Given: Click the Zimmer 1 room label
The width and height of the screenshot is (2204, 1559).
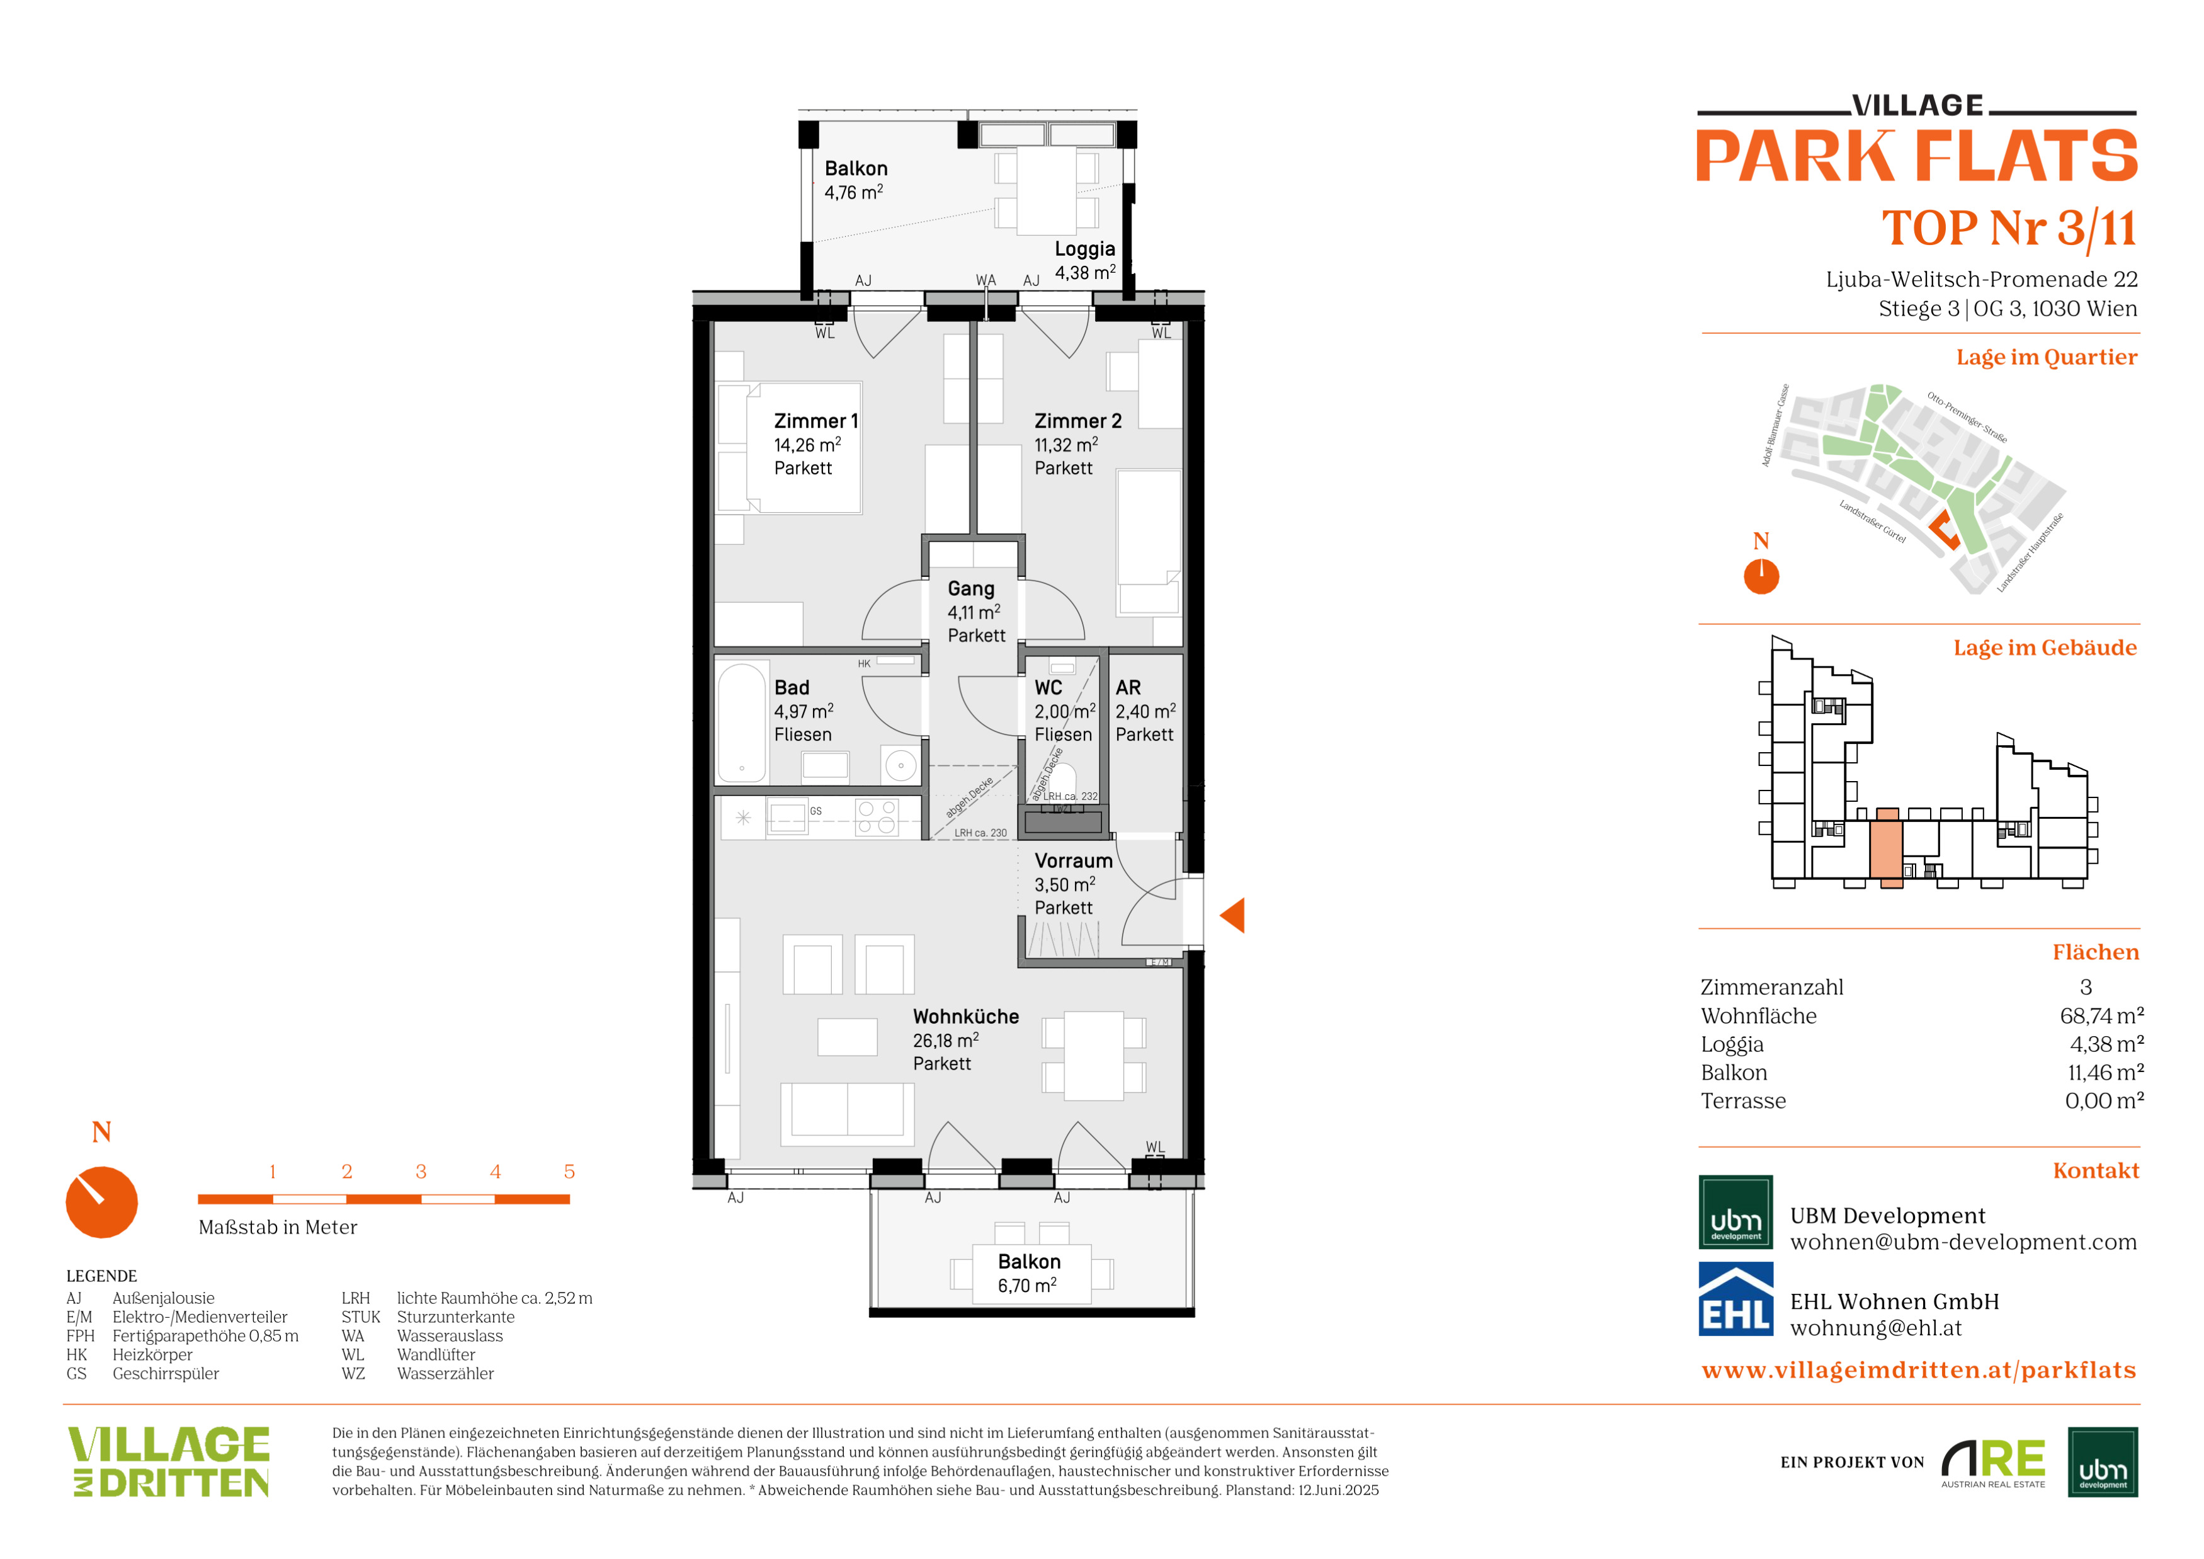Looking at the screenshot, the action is pos(816,421).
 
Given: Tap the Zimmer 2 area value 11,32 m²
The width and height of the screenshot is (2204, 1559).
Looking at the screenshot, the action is pos(1065,445).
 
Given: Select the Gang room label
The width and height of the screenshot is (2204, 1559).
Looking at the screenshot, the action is pos(970,588).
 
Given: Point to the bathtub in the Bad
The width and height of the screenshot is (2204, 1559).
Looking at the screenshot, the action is pos(742,723).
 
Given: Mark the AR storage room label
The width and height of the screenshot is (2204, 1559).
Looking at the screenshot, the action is pos(1128,687).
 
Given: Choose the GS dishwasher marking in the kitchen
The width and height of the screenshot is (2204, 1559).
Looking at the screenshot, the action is pos(816,811).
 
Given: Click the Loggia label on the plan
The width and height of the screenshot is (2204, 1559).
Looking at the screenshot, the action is pos(1085,249).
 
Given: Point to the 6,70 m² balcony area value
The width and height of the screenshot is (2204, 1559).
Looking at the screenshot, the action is pos(1027,1286).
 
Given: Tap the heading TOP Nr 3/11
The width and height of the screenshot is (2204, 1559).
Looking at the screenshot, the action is pos(2009,229).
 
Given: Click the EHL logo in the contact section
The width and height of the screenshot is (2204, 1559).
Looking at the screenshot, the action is pos(1735,1299).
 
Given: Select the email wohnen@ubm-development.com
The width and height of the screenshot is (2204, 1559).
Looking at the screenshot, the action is pos(1963,1242).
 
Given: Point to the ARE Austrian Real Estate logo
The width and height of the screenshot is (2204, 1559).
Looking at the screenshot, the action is pos(1993,1462).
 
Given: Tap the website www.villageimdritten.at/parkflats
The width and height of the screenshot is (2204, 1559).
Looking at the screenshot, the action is pos(1919,1370).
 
